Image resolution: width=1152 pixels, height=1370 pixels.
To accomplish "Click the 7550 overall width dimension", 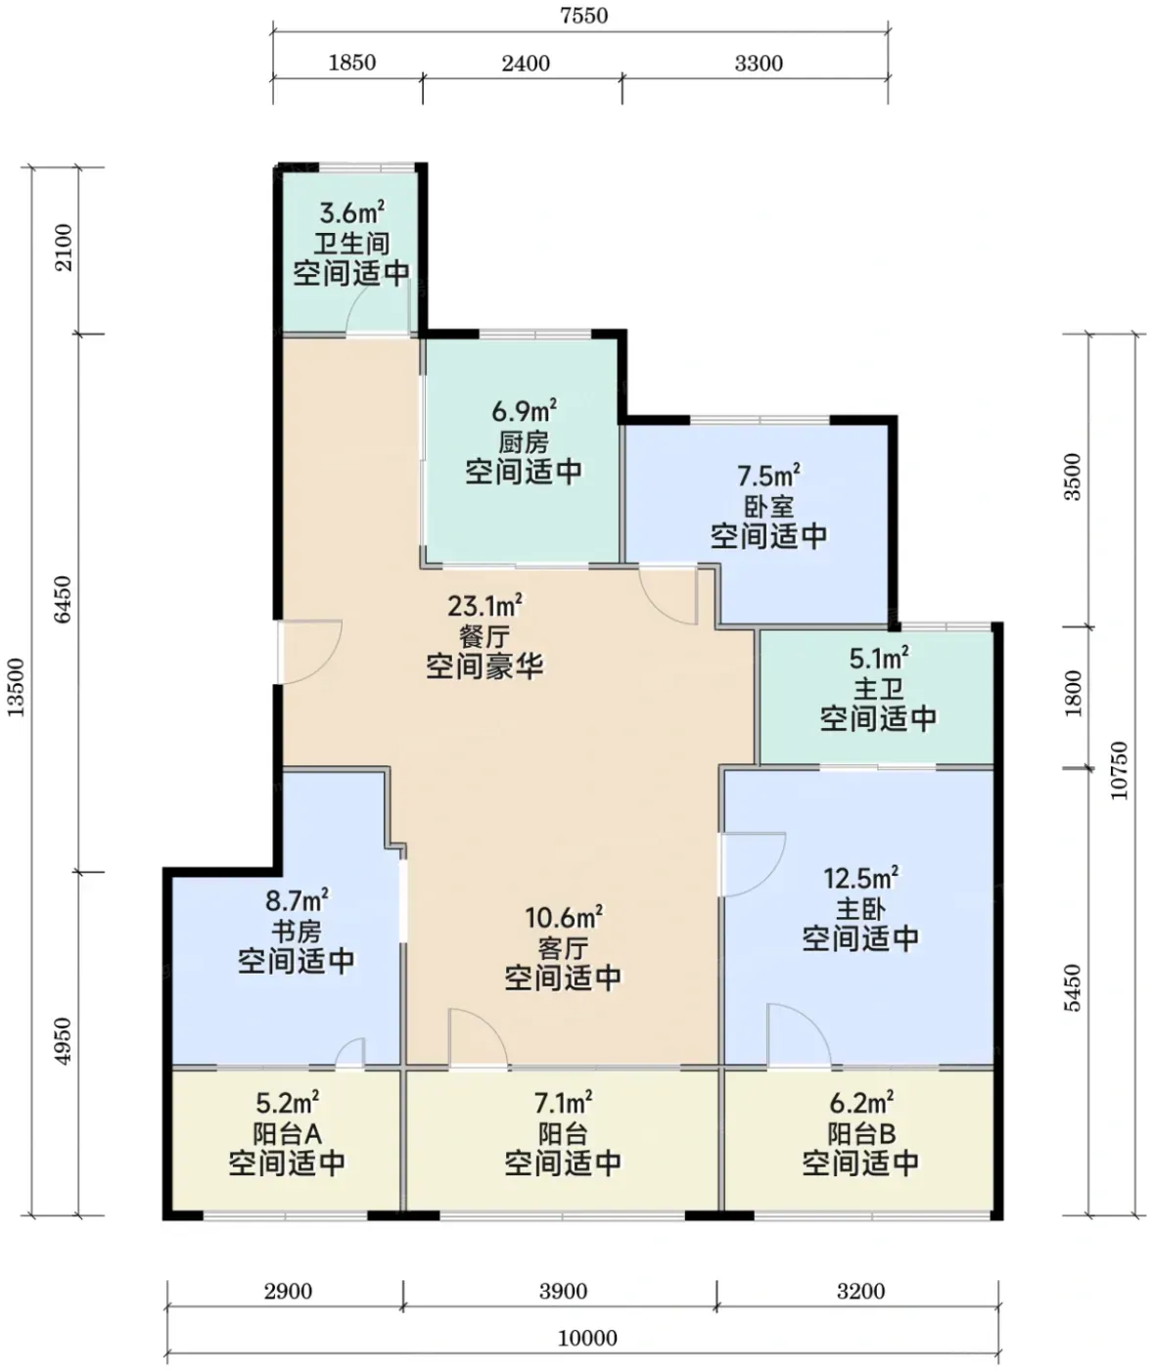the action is (583, 16).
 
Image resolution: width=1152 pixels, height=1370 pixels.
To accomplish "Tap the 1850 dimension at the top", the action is (352, 63).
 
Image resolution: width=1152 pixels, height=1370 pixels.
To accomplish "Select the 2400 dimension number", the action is (526, 64).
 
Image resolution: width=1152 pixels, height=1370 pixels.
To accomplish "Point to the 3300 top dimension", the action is (759, 64).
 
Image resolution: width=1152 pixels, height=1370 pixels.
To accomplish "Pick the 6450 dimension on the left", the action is (63, 600).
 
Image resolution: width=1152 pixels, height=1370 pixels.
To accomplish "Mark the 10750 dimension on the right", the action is (1119, 771).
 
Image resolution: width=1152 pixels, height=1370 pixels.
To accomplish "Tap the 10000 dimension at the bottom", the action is (587, 1338).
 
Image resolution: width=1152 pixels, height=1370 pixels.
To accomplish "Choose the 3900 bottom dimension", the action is (563, 1292).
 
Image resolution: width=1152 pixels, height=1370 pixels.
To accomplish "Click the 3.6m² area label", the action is (351, 212).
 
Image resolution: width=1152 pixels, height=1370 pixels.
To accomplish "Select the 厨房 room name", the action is (524, 442).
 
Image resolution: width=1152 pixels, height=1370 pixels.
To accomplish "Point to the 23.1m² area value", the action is (485, 606).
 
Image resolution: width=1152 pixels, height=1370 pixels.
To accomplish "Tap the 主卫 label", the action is (878, 689).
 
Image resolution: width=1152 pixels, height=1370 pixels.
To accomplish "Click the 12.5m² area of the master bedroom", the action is (861, 878).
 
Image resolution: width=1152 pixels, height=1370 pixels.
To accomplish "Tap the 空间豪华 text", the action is (485, 666).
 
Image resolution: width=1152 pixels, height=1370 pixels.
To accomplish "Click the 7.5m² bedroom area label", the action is (768, 475).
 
